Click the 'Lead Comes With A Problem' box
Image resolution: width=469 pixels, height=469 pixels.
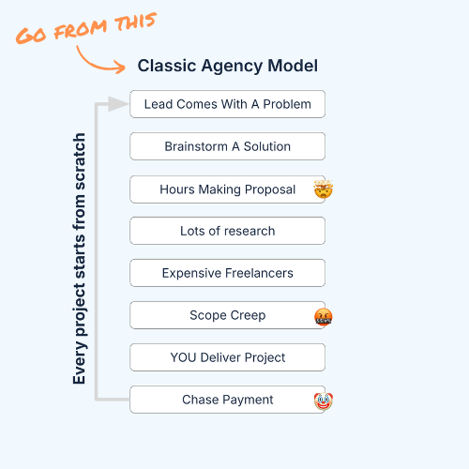[x=228, y=104]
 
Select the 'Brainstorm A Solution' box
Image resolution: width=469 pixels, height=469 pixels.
[x=228, y=146]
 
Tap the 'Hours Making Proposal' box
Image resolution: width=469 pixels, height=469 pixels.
[x=228, y=189]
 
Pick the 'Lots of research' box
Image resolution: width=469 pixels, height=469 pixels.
[x=228, y=231]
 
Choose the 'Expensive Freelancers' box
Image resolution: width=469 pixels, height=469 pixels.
[x=228, y=273]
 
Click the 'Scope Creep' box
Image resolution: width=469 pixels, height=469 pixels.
[x=228, y=315]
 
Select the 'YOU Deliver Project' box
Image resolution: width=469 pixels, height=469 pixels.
[x=228, y=357]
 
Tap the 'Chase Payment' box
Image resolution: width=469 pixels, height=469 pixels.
[x=228, y=400]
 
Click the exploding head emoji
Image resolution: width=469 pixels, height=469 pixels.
[x=324, y=189]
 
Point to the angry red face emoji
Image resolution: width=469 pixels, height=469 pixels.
[x=324, y=317]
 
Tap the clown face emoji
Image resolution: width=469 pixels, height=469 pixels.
[x=324, y=401]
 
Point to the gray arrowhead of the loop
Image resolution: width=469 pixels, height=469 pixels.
[x=118, y=104]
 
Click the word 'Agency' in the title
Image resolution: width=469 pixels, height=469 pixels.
[x=232, y=67]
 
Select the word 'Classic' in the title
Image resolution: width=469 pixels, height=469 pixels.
[x=167, y=66]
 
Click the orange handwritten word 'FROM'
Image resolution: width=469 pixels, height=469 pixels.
[x=80, y=30]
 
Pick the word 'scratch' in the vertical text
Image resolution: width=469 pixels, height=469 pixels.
[x=79, y=161]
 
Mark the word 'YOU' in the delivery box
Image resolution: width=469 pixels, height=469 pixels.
[x=183, y=357]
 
